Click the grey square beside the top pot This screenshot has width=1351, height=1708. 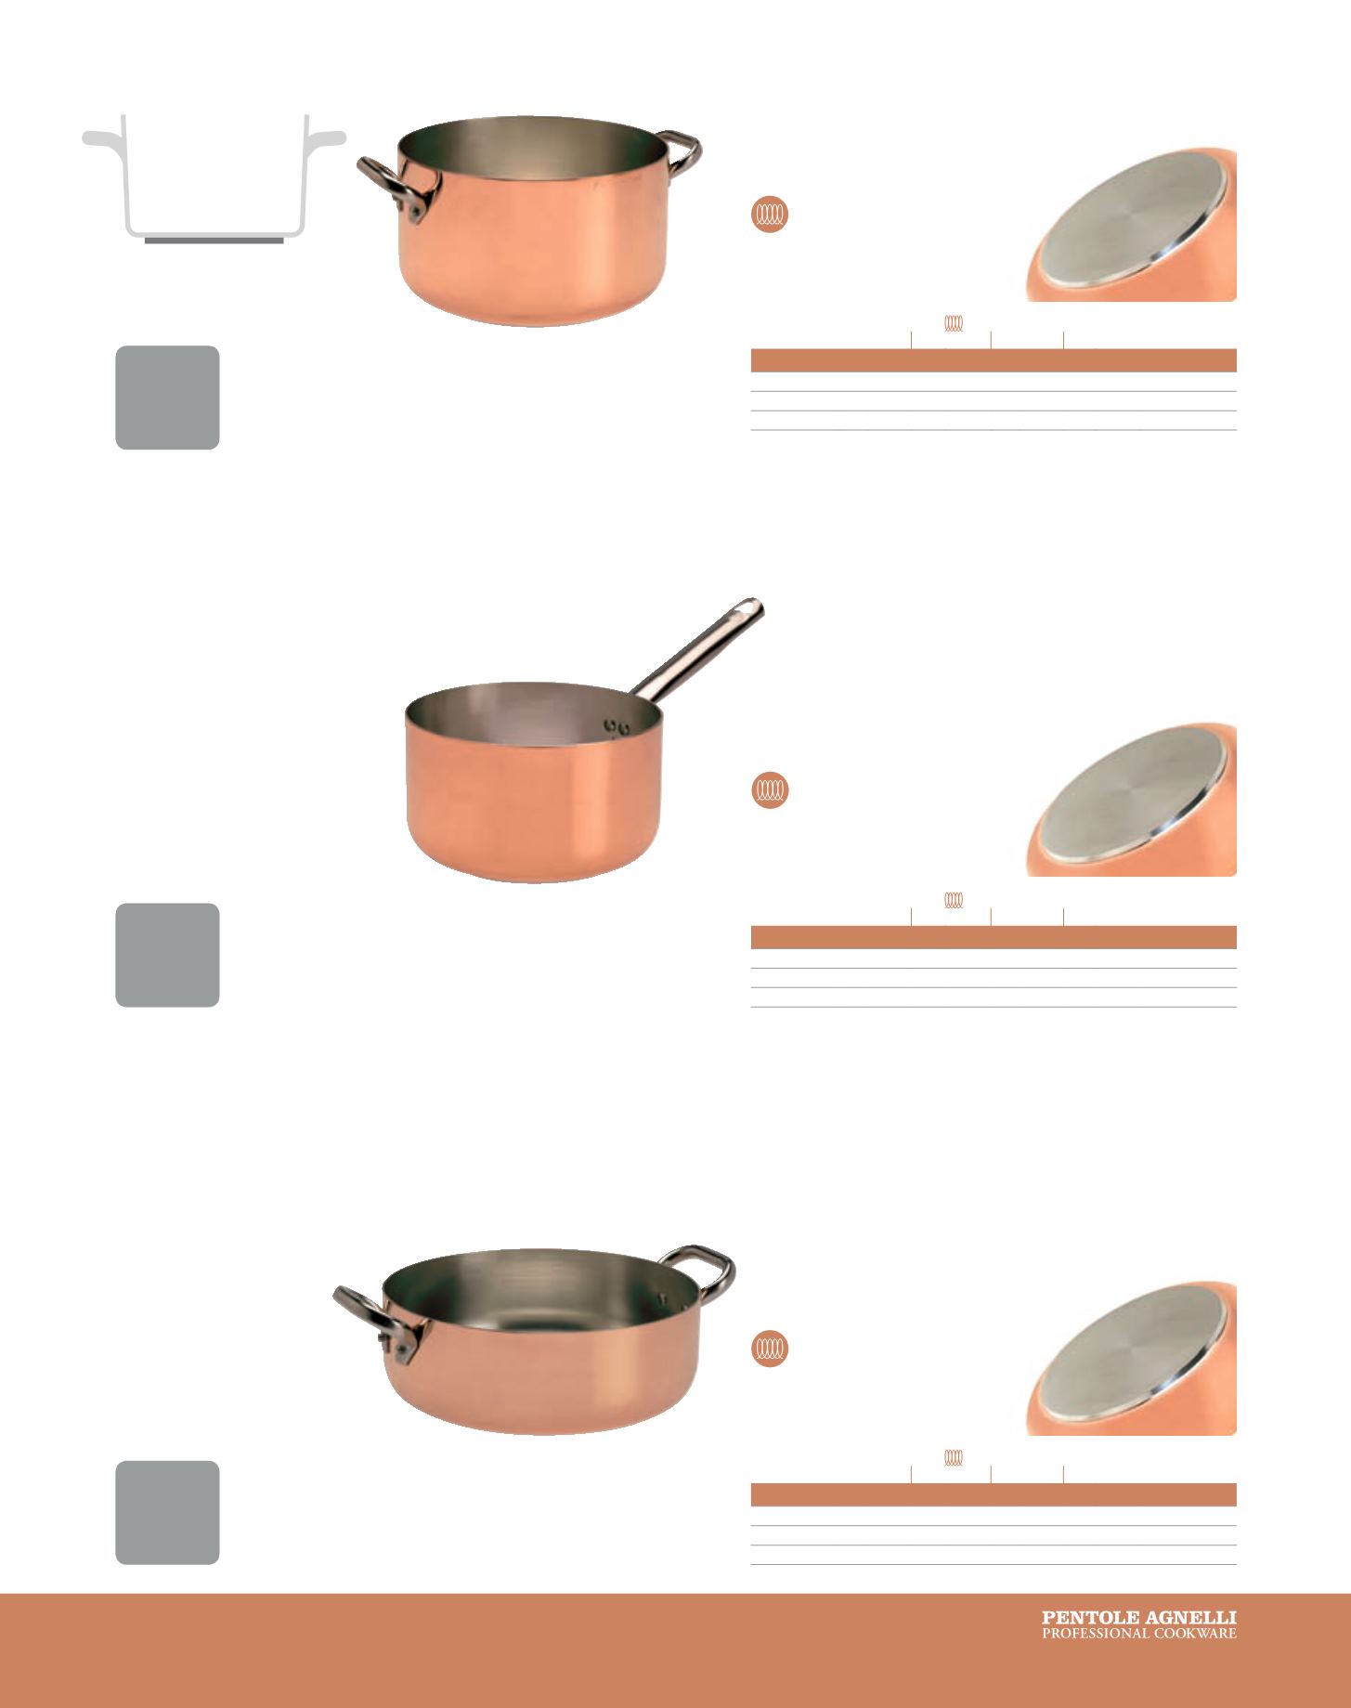click(x=167, y=398)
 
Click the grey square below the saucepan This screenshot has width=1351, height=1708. click(x=167, y=955)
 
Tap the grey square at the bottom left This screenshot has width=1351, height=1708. click(x=167, y=1513)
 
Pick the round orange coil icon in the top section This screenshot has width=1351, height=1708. click(x=770, y=215)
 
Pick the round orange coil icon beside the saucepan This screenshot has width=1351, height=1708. click(x=770, y=790)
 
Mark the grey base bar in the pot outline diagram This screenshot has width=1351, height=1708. click(x=214, y=241)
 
